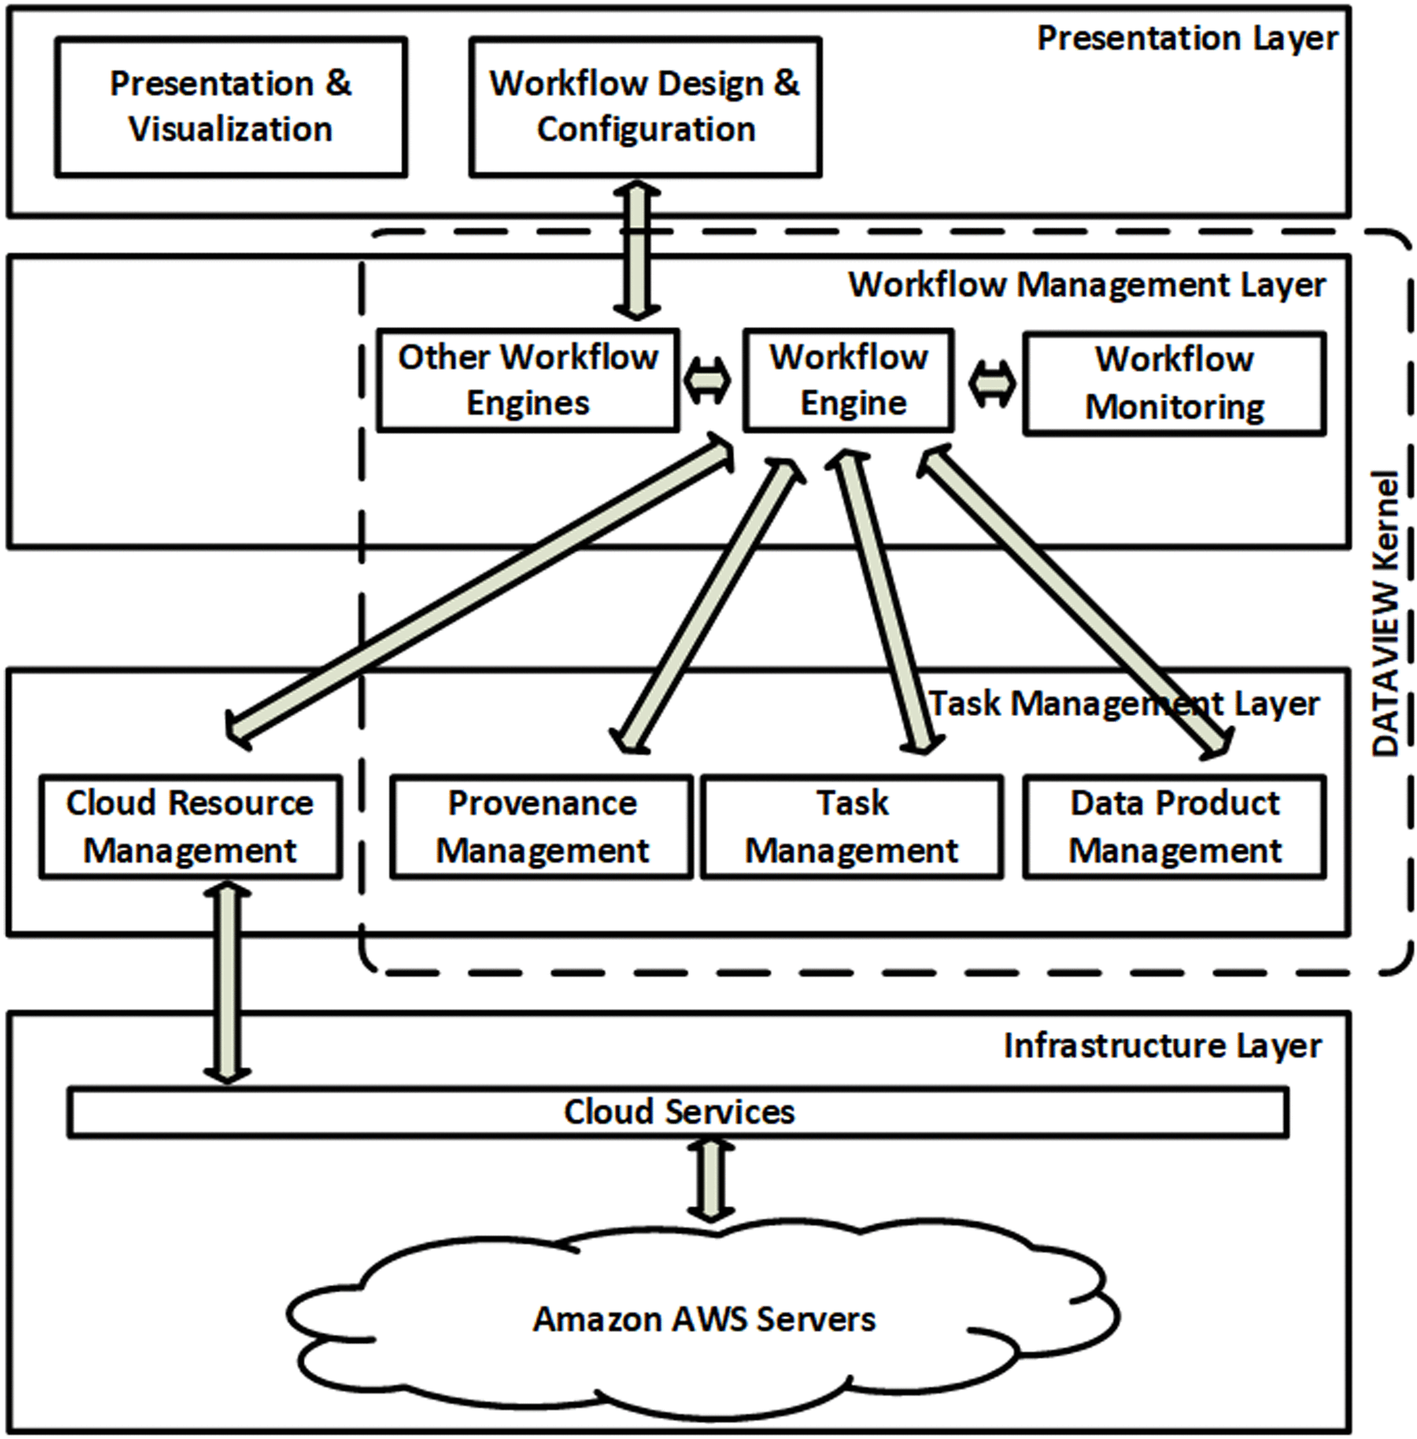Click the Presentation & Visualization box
tap(232, 107)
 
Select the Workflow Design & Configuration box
tap(645, 107)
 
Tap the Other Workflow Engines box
tap(528, 380)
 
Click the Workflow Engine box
tap(849, 380)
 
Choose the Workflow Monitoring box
tap(1174, 383)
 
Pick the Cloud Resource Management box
tap(191, 826)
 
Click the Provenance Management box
tap(542, 826)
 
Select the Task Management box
tap(852, 826)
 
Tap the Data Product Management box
tap(1174, 826)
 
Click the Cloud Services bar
tap(678, 1112)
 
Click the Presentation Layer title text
tap(1187, 38)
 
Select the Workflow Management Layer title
tap(1087, 285)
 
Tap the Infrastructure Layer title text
tap(1163, 1046)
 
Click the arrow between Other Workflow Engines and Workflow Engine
tap(707, 381)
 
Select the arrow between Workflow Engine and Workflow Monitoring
tap(992, 384)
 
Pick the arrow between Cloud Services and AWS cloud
tap(710, 1180)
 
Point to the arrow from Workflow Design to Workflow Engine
tap(638, 250)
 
